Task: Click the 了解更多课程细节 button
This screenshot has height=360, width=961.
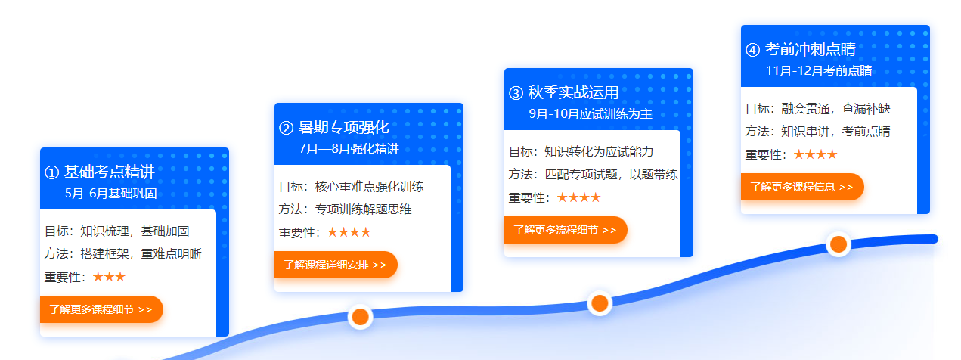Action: pyautogui.click(x=101, y=309)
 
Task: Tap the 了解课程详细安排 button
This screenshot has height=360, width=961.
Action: pyautogui.click(x=336, y=264)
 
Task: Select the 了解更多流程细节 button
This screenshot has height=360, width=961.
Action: pyautogui.click(x=566, y=230)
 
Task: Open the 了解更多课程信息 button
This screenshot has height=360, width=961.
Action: pyautogui.click(x=802, y=187)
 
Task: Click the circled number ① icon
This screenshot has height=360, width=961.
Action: pyautogui.click(x=52, y=172)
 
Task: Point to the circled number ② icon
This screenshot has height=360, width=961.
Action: pyautogui.click(x=286, y=128)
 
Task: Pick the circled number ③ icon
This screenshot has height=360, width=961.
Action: pyautogui.click(x=516, y=93)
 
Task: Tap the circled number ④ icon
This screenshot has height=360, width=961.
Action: pyautogui.click(x=752, y=50)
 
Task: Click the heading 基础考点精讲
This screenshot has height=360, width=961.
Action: pyautogui.click(x=110, y=172)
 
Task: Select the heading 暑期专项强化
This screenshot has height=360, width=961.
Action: pyautogui.click(x=343, y=127)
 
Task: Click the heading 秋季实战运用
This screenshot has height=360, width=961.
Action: pyautogui.click(x=573, y=92)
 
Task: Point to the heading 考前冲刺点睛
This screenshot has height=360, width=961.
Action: pyautogui.click(x=810, y=49)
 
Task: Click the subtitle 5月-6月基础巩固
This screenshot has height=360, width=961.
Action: pyautogui.click(x=110, y=194)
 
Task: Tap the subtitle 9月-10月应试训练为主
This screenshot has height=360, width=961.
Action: pyautogui.click(x=591, y=113)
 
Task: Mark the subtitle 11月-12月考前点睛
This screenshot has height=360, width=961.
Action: pyautogui.click(x=819, y=70)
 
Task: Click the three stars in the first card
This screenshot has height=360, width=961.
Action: pyautogui.click(x=109, y=277)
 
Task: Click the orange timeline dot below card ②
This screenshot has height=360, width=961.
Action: pyautogui.click(x=361, y=317)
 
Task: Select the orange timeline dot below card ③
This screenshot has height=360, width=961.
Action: pyautogui.click(x=600, y=303)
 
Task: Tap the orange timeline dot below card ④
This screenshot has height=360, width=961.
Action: pyautogui.click(x=839, y=244)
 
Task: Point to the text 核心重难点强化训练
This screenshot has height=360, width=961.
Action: pyautogui.click(x=370, y=187)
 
